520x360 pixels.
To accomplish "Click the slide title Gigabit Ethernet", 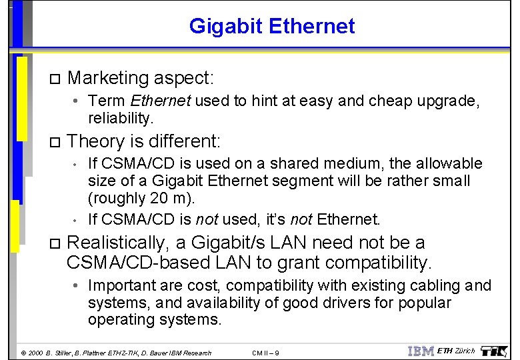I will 272,26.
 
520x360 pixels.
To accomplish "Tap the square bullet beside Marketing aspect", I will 55,79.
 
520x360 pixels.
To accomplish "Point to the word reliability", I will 121,118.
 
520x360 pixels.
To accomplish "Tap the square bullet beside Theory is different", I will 55,142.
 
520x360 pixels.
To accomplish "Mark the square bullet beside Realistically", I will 55,243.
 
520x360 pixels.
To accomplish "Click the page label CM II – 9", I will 266,353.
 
